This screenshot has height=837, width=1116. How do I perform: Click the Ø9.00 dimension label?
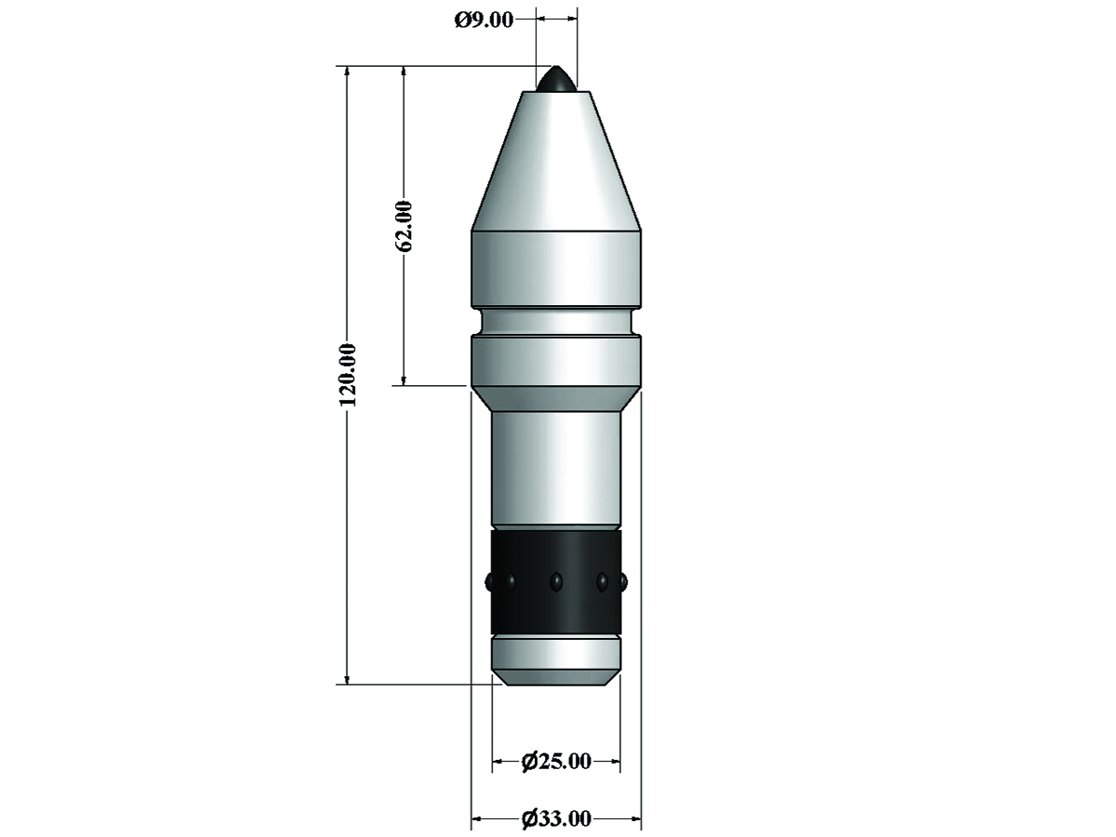click(x=484, y=20)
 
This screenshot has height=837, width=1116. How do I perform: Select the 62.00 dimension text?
click(x=405, y=226)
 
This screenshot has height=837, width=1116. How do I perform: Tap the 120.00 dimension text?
click(x=348, y=375)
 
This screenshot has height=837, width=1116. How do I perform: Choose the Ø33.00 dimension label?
click(x=556, y=818)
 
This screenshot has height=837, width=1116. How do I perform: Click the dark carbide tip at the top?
click(x=557, y=79)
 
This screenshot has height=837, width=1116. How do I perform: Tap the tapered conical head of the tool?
click(x=557, y=161)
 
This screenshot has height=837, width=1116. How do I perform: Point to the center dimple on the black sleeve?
click(x=556, y=581)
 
